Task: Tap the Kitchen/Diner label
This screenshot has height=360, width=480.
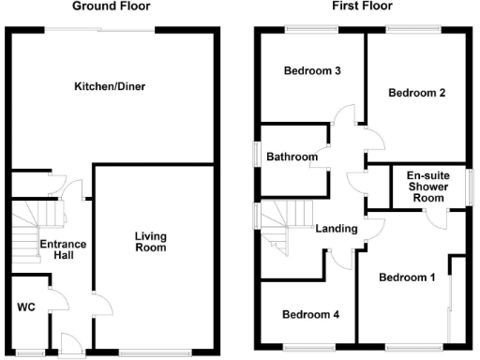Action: click(x=110, y=87)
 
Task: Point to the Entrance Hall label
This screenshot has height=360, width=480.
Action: click(x=63, y=250)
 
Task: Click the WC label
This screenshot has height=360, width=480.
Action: click(x=25, y=307)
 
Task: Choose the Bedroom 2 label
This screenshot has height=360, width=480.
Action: click(x=415, y=93)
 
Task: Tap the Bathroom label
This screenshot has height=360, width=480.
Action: click(x=291, y=157)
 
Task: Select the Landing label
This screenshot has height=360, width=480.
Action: click(x=335, y=228)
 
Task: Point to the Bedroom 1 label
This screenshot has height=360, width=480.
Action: click(x=407, y=277)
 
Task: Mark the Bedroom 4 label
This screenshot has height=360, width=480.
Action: click(x=310, y=314)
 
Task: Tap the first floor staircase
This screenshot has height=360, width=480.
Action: click(x=282, y=225)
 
